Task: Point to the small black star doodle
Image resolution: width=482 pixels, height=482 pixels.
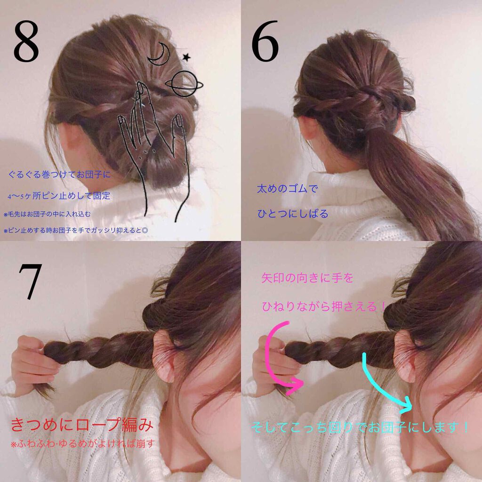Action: [x=187, y=57]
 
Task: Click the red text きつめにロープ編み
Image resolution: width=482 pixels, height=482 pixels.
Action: [x=81, y=427]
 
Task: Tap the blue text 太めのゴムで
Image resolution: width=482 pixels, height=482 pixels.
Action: [x=287, y=189]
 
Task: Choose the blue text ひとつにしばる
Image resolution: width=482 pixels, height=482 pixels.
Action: [x=292, y=214]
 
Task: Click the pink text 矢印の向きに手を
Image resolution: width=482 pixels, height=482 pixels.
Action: [x=307, y=279]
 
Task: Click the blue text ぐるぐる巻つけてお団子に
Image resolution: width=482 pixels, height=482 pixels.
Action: [x=59, y=175]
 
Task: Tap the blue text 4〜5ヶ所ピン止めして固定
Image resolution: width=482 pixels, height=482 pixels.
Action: [x=59, y=195]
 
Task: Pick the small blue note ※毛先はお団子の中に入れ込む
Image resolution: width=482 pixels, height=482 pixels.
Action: [x=53, y=214]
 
